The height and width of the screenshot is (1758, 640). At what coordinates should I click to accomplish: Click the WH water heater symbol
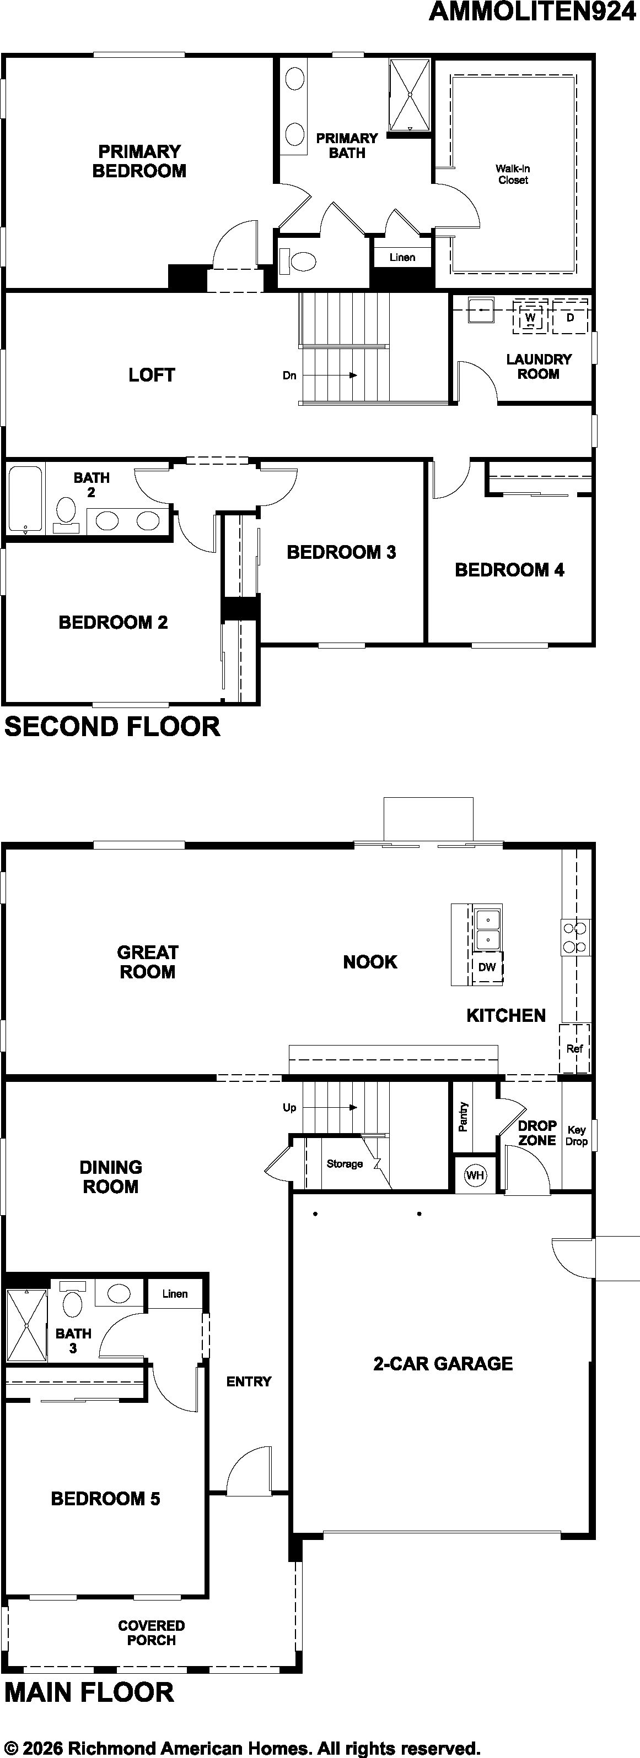tap(475, 1174)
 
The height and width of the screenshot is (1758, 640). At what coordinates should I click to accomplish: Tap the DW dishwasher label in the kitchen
tap(487, 967)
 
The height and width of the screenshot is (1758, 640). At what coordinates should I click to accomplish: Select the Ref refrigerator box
tap(574, 1048)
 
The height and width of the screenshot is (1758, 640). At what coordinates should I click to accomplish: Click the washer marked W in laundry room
tap(531, 317)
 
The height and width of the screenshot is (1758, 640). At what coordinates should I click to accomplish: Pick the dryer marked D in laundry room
tap(569, 317)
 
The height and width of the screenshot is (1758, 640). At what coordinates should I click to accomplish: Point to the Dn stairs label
tap(289, 375)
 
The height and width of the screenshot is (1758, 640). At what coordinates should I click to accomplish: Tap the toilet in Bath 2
tap(66, 515)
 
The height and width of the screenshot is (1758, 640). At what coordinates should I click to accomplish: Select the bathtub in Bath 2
tap(26, 499)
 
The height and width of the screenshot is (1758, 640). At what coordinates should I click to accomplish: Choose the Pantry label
tap(463, 1117)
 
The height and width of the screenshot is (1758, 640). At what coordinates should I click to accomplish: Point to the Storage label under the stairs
tap(344, 1163)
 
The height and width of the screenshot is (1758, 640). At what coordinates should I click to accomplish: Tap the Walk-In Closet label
tap(513, 174)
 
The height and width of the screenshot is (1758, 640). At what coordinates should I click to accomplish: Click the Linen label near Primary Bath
tap(402, 257)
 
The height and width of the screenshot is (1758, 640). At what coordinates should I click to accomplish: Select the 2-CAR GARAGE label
tap(443, 1364)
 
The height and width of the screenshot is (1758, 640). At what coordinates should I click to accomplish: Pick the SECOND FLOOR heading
tap(112, 726)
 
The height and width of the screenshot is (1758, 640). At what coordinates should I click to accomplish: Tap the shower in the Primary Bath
tap(410, 95)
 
